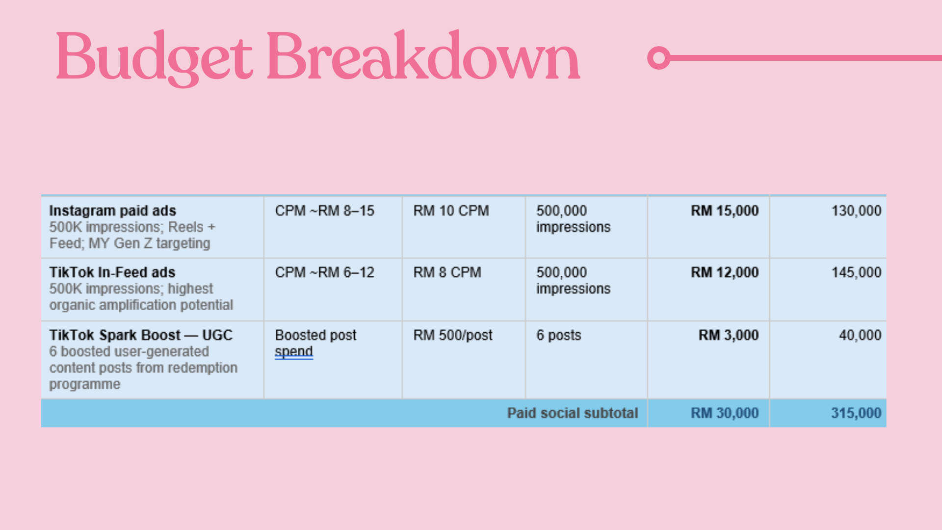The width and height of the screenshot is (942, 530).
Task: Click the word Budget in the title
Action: (x=154, y=58)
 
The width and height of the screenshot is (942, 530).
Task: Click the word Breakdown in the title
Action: (x=423, y=55)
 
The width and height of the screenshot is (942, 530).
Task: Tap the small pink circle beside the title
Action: (x=659, y=58)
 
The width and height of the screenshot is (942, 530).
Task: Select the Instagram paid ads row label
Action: (x=112, y=211)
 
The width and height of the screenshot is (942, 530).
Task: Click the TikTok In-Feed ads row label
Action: (x=112, y=272)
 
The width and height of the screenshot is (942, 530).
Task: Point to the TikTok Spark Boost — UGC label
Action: (x=141, y=335)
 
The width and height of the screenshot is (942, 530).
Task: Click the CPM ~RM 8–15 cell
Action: (x=324, y=211)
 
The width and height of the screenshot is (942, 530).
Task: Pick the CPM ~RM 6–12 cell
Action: (x=324, y=272)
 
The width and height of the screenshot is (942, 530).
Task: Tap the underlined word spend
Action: (x=294, y=352)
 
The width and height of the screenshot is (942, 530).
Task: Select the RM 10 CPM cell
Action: (x=451, y=211)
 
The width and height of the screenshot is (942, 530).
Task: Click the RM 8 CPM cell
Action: (x=447, y=272)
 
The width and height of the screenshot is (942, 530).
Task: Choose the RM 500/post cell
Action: (x=453, y=335)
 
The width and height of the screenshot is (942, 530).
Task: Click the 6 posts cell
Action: (x=558, y=335)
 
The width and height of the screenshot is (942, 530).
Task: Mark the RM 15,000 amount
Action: (x=725, y=211)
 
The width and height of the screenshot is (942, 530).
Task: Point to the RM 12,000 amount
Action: (x=725, y=272)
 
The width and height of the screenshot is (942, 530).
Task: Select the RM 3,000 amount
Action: (x=729, y=335)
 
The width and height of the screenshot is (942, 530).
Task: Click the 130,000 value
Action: (x=856, y=211)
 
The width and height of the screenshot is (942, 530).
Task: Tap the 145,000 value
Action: (x=856, y=272)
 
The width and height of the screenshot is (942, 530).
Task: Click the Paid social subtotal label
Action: (x=573, y=413)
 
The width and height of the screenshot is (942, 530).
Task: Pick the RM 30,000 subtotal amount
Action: (x=725, y=413)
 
